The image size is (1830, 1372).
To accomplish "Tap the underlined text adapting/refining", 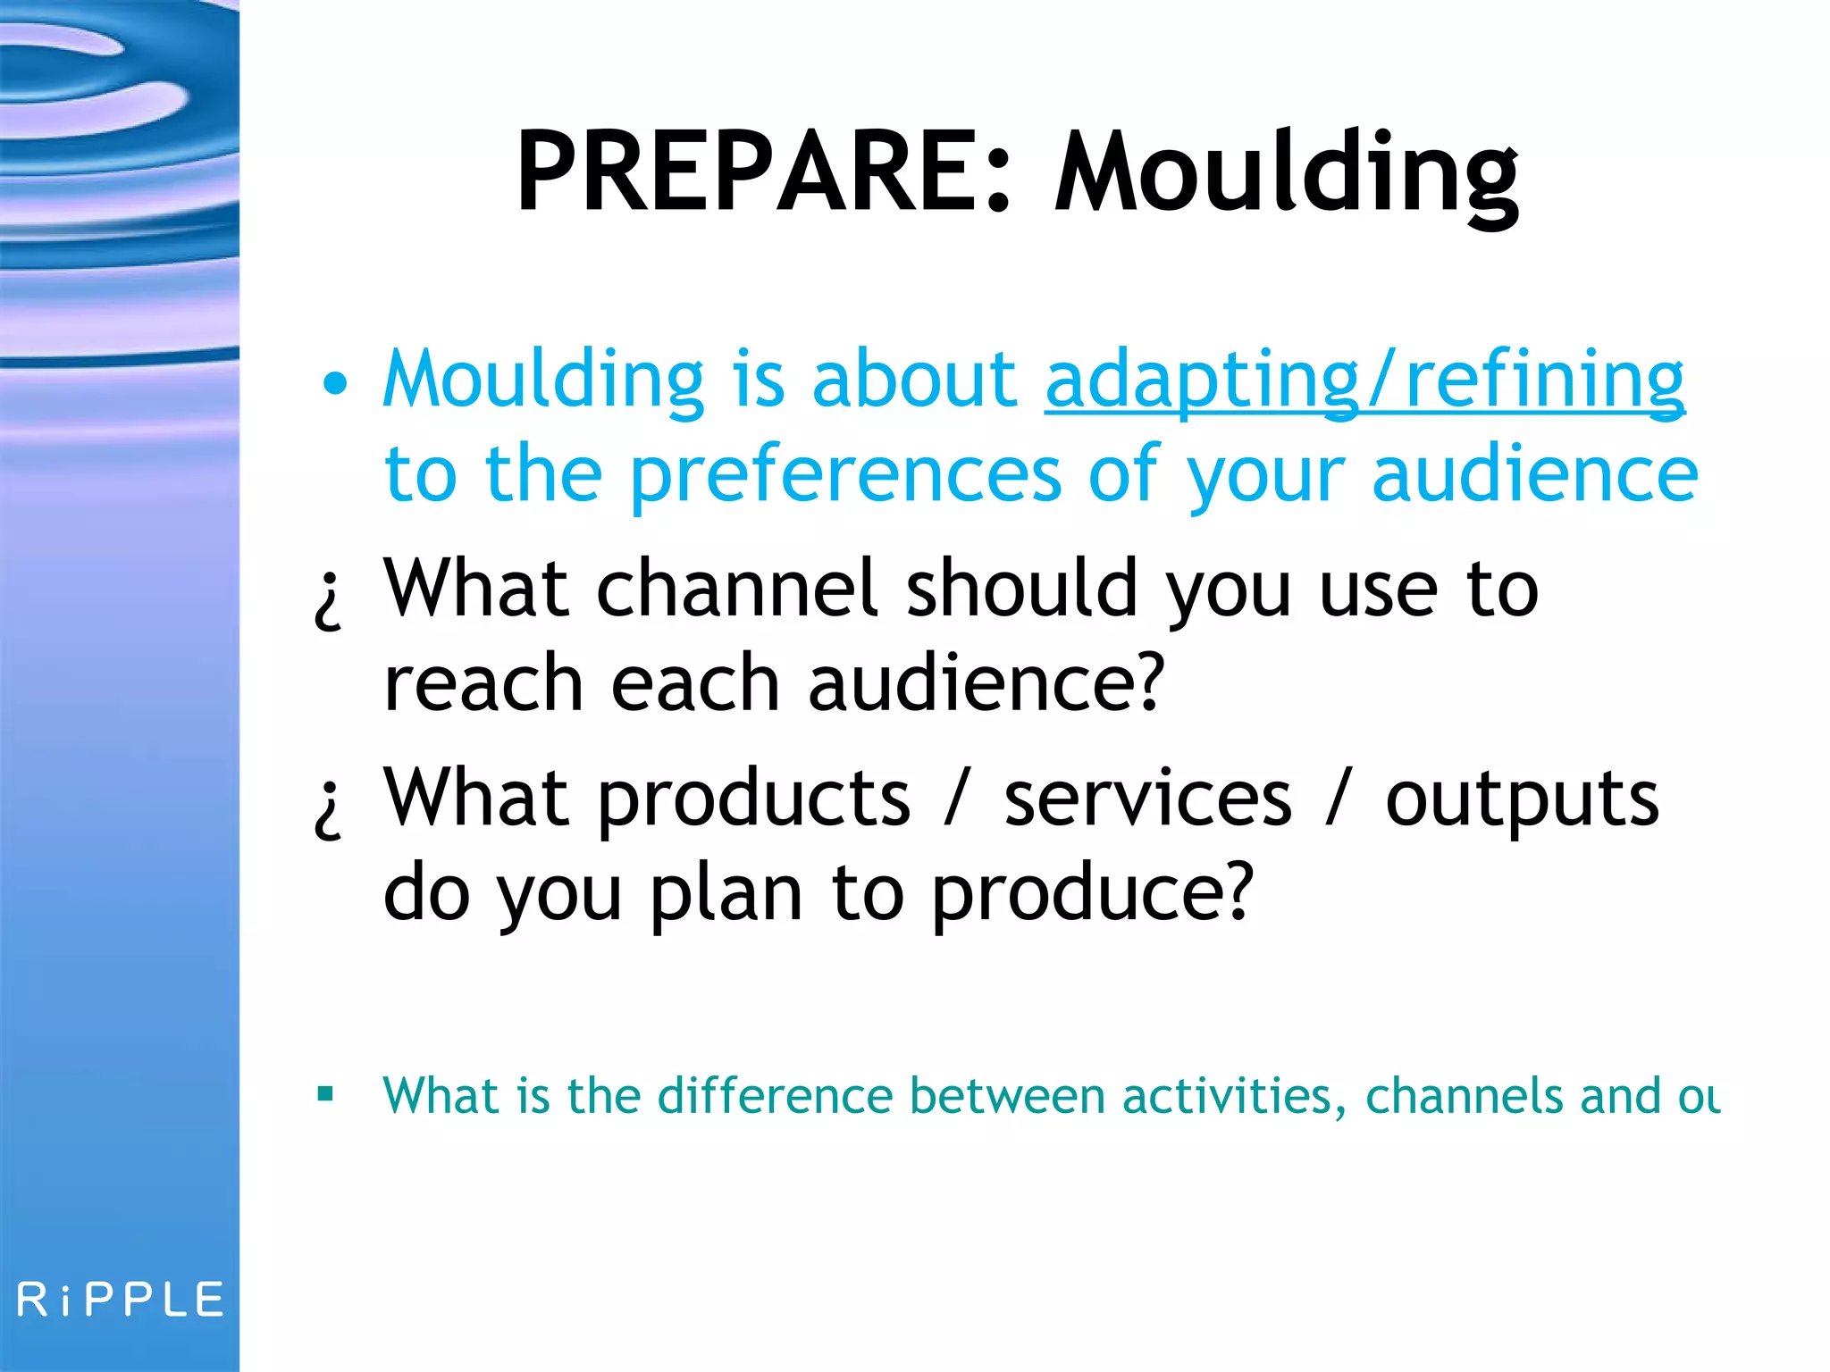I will point(1364,380).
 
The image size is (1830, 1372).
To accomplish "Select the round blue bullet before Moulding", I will point(335,383).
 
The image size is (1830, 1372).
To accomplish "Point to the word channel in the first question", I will point(737,589).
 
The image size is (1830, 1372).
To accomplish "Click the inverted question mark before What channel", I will point(329,601).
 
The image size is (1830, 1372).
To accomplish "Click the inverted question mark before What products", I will point(329,809).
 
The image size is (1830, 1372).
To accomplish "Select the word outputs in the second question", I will point(1521,799).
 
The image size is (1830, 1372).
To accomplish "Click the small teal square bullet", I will point(325,1093).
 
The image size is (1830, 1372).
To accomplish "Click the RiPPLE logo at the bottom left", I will point(120,1299).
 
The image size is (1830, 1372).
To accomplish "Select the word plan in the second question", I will point(726,893).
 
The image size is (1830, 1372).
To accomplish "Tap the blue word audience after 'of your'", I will point(1533,475).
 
